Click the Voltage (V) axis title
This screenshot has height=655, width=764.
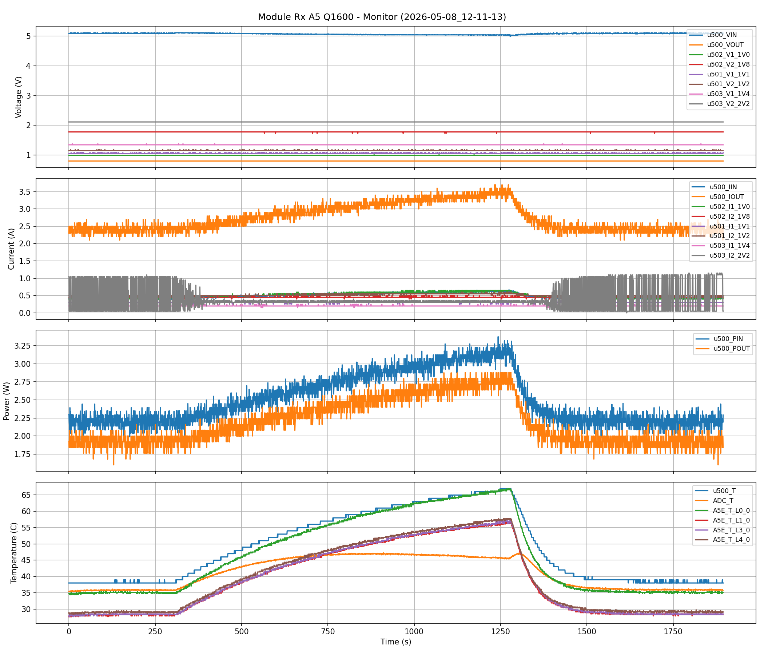19,97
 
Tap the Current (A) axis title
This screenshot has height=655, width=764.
11,249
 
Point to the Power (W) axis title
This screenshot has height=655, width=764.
6,400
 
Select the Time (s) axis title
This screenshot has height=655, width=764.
396,642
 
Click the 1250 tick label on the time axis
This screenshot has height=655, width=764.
500,631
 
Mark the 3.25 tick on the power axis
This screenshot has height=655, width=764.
24,346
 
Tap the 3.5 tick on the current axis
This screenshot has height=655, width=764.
26,192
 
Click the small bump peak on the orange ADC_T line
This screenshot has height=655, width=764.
520,553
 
